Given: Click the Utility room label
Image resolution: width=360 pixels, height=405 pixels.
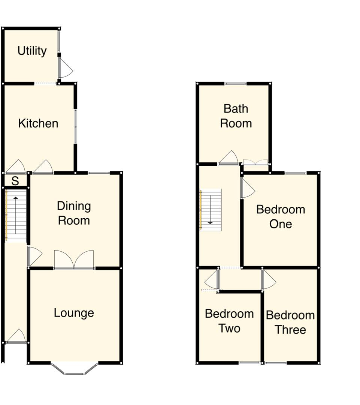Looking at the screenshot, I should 32,51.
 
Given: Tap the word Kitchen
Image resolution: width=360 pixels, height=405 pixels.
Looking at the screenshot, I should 38,123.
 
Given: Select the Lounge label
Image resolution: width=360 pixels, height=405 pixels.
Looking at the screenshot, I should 74,313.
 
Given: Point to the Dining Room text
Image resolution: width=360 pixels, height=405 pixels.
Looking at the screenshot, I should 74,213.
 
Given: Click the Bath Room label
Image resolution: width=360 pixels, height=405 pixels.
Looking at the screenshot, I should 236,116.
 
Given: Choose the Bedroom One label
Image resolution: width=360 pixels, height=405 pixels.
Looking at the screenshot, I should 281,217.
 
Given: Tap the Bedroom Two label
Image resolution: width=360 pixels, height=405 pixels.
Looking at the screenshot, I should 229,321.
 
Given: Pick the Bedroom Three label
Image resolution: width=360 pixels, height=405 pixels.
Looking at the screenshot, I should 290,322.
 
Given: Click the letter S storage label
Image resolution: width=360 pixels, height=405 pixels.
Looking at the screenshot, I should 15,181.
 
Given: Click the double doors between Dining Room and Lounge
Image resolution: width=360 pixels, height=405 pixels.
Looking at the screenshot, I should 74,260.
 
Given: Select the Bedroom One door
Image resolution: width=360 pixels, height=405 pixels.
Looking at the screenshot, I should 247,189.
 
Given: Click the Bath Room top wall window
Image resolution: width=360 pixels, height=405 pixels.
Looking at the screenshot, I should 236,84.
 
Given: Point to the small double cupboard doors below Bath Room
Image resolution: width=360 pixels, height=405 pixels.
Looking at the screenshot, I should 255,162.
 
